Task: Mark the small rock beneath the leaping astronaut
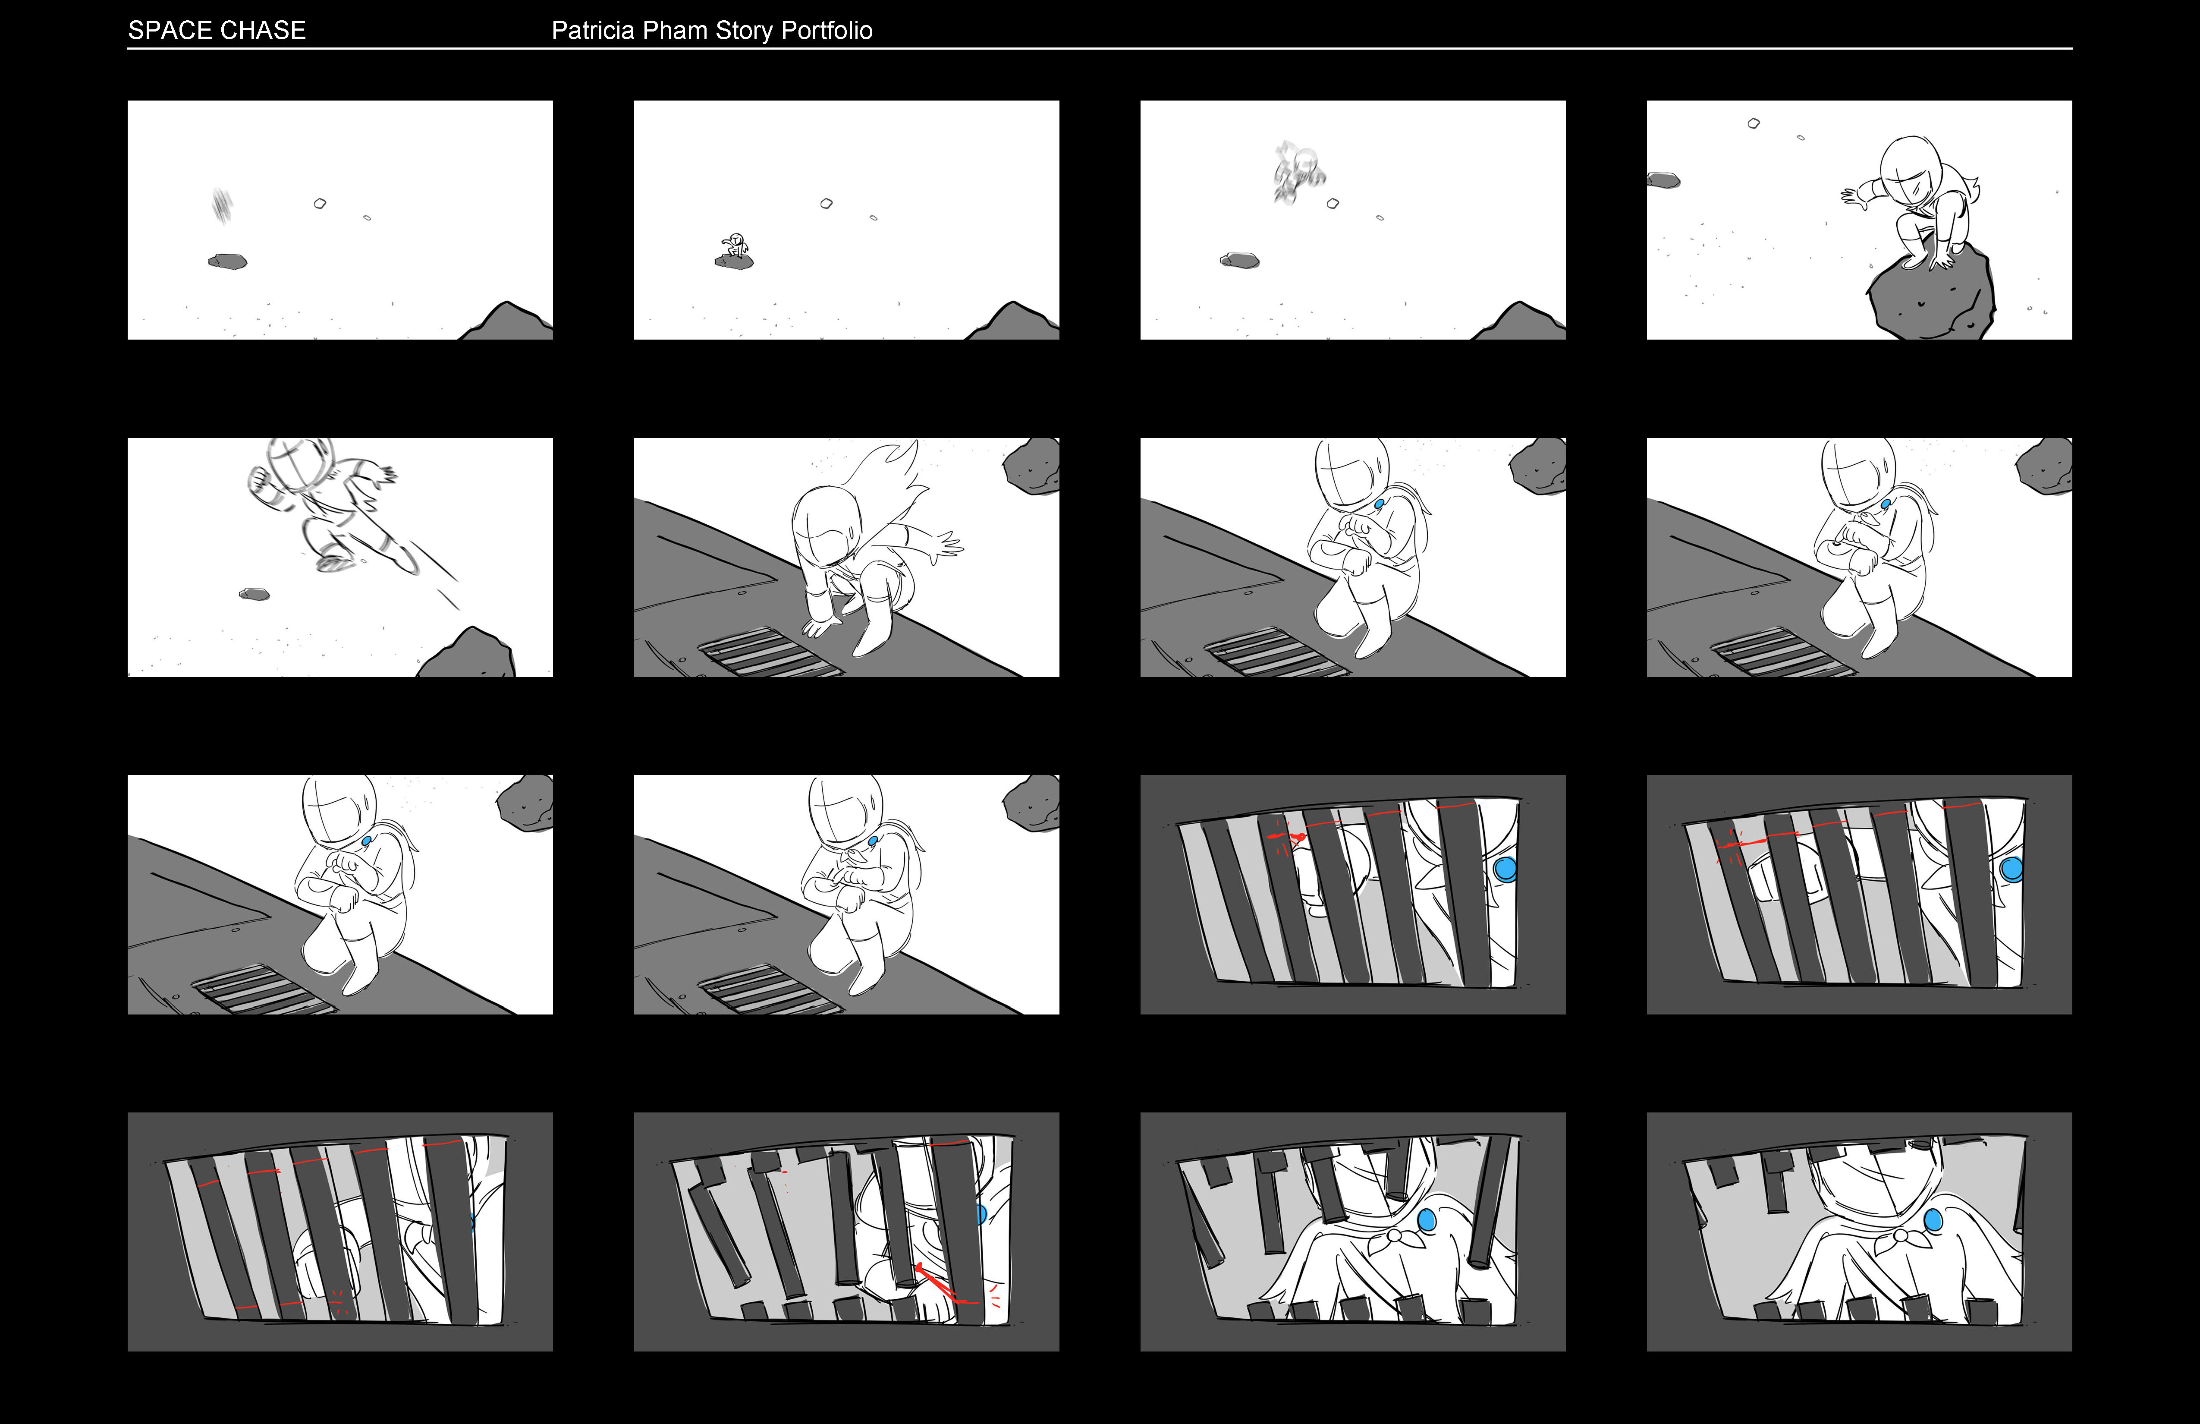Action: click(254, 594)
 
